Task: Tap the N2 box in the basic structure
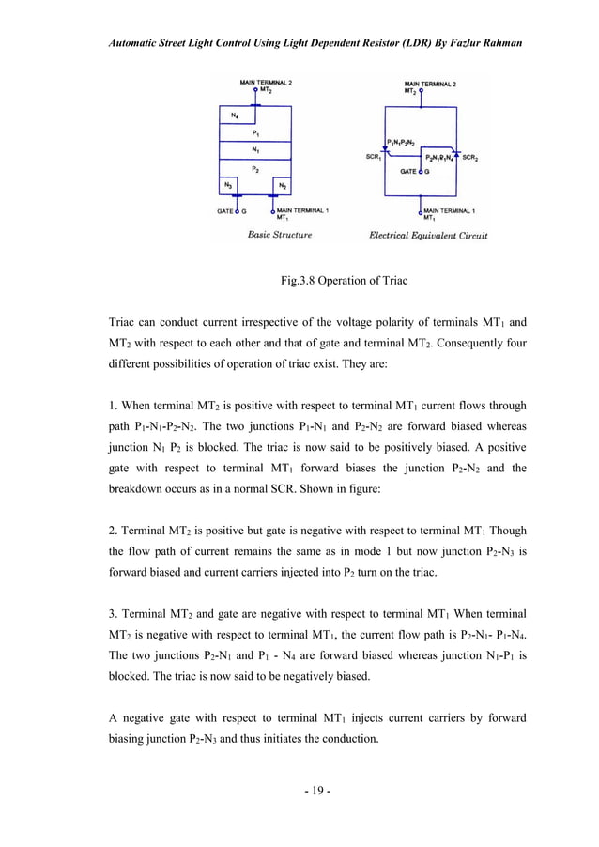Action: tap(283, 185)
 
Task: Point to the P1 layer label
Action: tap(255, 133)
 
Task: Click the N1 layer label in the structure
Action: tap(255, 150)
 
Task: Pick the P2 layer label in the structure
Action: tap(255, 167)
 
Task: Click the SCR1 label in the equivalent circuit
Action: tap(373, 157)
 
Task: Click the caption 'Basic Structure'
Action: tap(279, 235)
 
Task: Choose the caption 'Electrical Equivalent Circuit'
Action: tap(428, 236)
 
